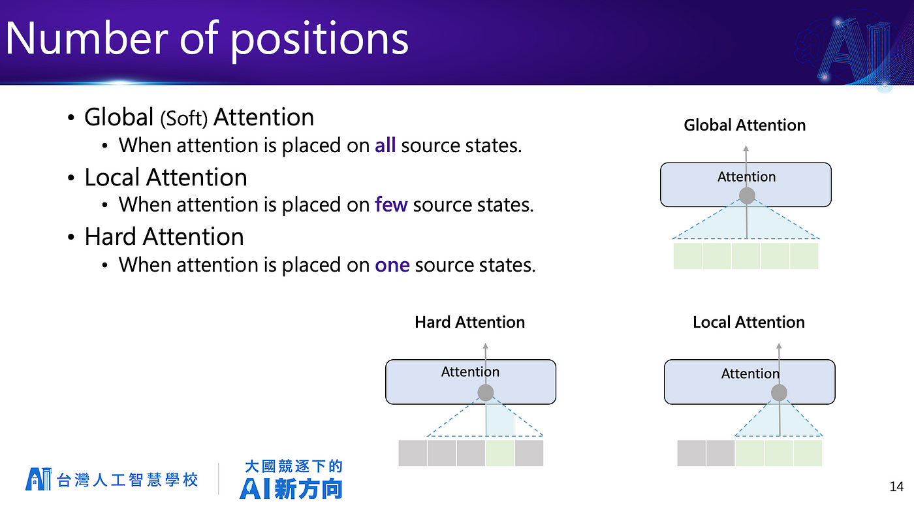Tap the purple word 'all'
(385, 145)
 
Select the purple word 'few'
(391, 204)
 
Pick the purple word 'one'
(392, 265)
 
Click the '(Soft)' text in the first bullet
(183, 119)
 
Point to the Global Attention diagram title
(745, 125)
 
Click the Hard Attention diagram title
(469, 323)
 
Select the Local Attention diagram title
(749, 323)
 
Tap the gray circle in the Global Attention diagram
(747, 196)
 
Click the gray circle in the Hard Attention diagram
(486, 393)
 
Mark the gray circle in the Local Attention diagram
(779, 393)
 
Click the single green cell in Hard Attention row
(500, 453)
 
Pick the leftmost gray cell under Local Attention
(691, 453)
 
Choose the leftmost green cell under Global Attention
(687, 256)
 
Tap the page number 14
(896, 486)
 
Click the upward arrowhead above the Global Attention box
(746, 148)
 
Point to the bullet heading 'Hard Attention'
(164, 236)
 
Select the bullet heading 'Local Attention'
(166, 178)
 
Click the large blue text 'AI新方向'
(291, 489)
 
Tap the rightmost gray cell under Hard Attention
(529, 453)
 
